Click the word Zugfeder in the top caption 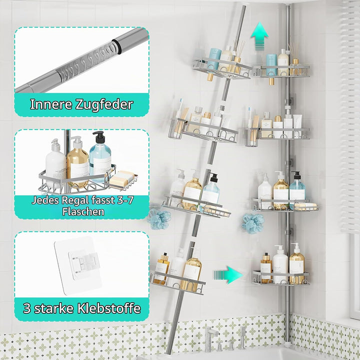[x=104, y=104]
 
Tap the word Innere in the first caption [x=51, y=104]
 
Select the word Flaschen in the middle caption [x=83, y=211]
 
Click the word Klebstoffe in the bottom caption [x=109, y=308]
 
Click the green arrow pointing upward [x=259, y=36]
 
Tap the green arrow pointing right [x=228, y=275]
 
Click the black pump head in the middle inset [x=99, y=137]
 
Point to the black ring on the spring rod [x=116, y=46]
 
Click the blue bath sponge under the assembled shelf [x=253, y=223]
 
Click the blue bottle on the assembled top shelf [x=271, y=64]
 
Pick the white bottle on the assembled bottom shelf [x=280, y=264]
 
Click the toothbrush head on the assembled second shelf [x=249, y=111]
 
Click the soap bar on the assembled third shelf [x=305, y=206]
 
